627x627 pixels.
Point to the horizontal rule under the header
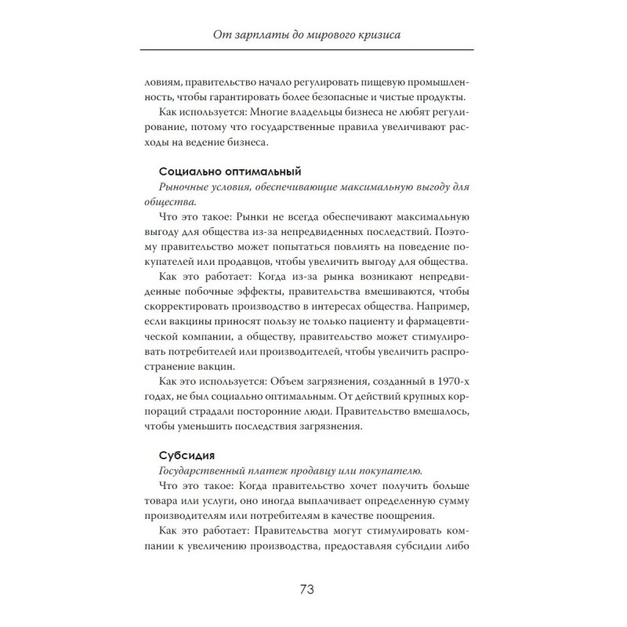[x=313, y=49]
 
